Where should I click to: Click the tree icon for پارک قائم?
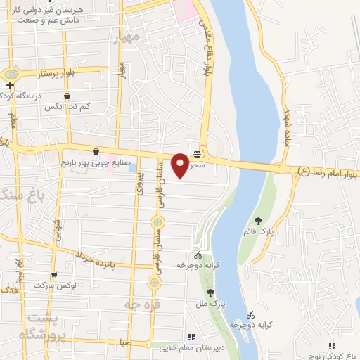(x=259, y=221)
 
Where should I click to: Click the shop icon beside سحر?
(x=198, y=153)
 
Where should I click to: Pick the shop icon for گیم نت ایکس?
(x=67, y=95)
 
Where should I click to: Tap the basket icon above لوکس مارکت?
(x=53, y=275)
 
